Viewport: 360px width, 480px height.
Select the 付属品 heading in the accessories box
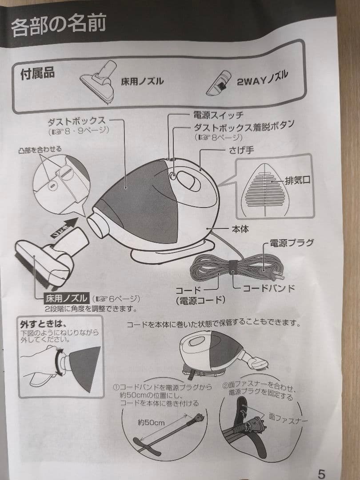click(38, 73)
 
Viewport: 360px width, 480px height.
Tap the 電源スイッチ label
click(218, 115)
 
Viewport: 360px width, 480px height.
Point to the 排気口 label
click(297, 181)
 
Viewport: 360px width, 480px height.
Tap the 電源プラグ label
click(292, 243)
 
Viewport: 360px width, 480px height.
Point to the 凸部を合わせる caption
click(40, 149)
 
